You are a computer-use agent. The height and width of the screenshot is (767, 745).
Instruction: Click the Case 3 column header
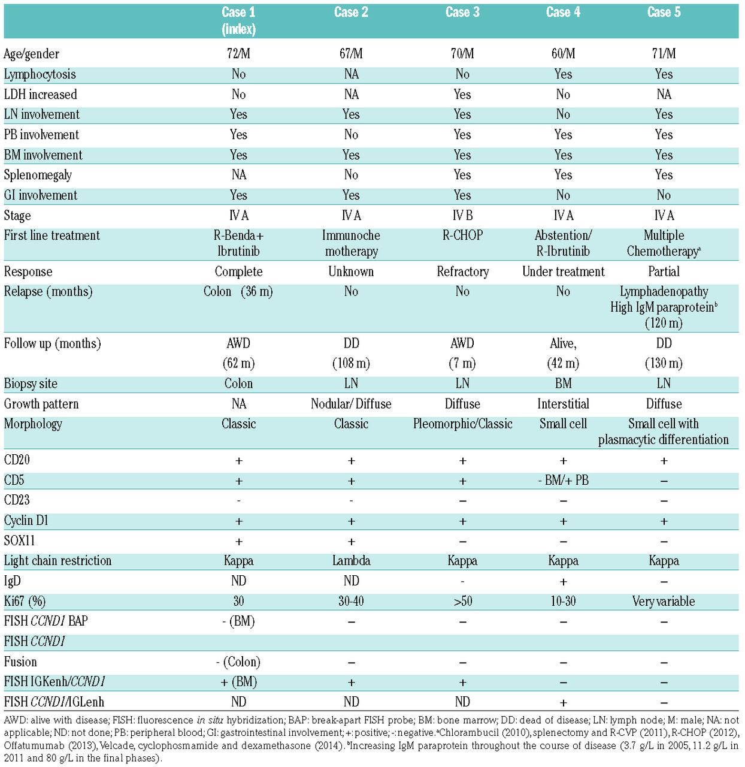tap(462, 13)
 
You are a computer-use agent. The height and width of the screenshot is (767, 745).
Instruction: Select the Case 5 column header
tap(664, 13)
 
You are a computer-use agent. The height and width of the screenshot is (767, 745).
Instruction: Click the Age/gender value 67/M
tap(351, 54)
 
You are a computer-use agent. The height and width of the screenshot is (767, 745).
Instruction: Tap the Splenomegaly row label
tap(38, 175)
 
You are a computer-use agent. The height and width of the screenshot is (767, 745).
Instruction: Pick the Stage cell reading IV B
tap(462, 215)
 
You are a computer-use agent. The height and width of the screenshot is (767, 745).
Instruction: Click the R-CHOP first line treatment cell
tap(462, 235)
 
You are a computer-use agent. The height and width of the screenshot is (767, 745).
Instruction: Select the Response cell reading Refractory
tap(462, 272)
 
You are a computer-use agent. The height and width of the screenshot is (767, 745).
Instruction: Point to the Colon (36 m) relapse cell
tap(238, 292)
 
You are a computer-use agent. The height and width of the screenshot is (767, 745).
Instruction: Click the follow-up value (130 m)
tap(664, 363)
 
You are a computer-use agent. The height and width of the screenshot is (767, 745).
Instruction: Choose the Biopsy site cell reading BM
tap(563, 383)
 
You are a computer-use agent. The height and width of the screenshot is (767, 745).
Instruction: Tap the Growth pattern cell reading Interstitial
tap(563, 404)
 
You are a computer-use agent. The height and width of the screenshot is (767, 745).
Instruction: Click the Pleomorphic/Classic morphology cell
tap(462, 424)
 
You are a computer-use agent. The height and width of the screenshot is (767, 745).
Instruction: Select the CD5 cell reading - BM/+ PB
tap(563, 481)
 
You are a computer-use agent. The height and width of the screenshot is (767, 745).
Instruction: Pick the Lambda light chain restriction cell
tap(351, 561)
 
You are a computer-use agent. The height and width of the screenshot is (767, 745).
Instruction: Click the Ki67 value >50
tap(462, 601)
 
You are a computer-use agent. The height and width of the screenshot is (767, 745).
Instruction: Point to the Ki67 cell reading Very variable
tap(664, 601)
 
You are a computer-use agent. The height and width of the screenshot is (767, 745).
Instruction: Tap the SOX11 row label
tap(20, 540)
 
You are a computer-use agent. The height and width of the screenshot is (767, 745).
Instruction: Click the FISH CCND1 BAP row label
tap(46, 621)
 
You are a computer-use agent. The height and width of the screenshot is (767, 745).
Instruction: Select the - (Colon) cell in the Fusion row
tap(238, 662)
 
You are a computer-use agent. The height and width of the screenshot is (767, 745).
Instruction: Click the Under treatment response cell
tap(563, 272)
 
